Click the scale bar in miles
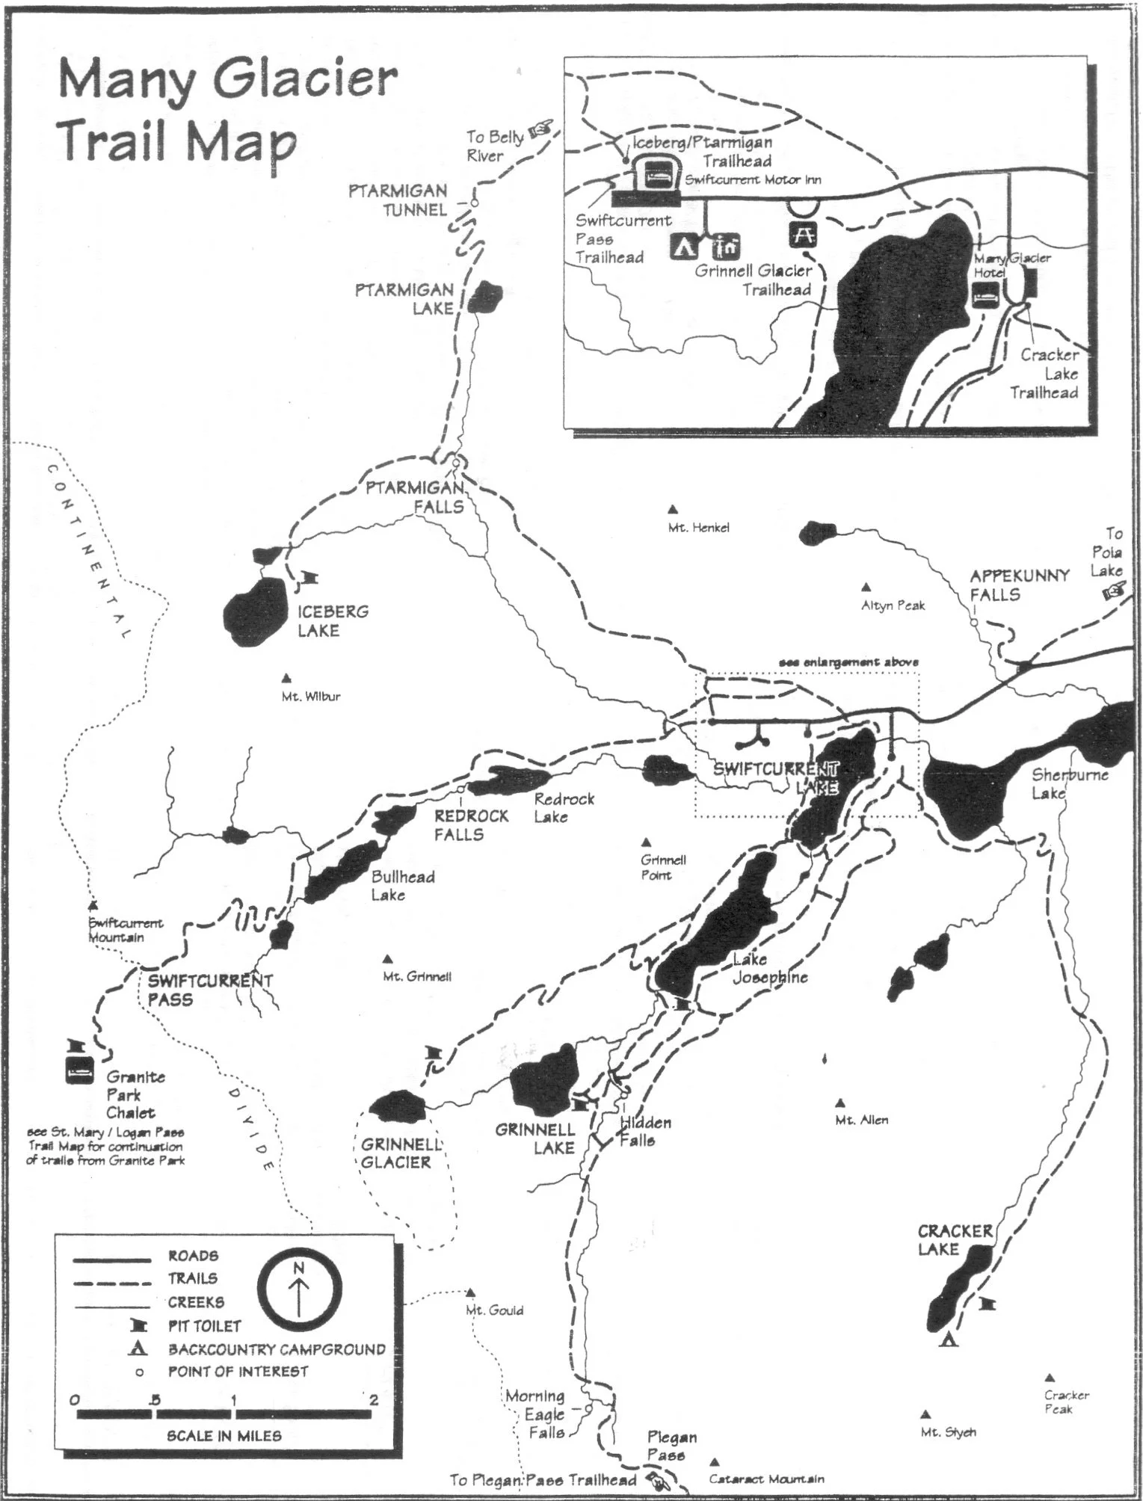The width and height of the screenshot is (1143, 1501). [x=224, y=1414]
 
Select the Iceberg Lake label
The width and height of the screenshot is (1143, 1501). [x=333, y=621]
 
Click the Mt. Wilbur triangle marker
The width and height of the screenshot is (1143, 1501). [x=286, y=679]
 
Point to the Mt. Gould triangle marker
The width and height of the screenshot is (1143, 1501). [x=471, y=1292]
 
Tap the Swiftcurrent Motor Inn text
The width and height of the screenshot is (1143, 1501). [x=753, y=179]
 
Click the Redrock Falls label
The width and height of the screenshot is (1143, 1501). [x=471, y=825]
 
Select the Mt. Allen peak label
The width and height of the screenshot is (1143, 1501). [x=862, y=1121]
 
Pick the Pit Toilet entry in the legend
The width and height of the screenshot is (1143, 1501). [x=204, y=1326]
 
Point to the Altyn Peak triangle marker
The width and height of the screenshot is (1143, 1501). [x=866, y=587]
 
